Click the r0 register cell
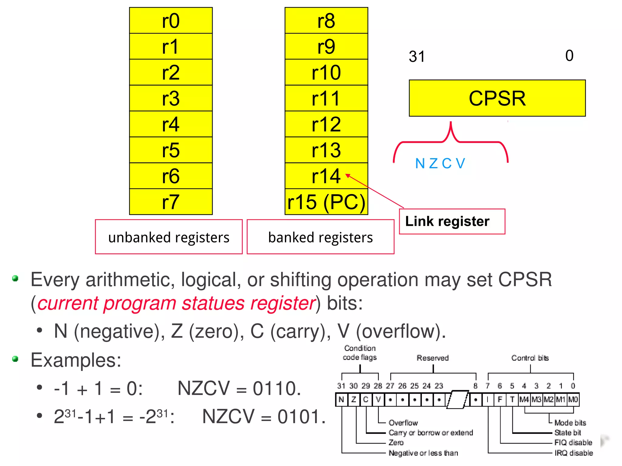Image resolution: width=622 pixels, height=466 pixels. click(x=171, y=21)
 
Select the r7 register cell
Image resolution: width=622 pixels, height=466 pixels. click(x=171, y=202)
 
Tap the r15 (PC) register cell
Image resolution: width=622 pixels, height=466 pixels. click(x=326, y=202)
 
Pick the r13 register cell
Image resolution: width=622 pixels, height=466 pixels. click(x=326, y=150)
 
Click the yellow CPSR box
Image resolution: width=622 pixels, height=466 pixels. click(x=497, y=98)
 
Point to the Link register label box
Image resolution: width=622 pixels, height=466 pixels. click(x=452, y=221)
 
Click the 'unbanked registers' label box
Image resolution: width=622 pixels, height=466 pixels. click(x=169, y=237)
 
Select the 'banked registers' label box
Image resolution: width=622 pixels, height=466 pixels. click(x=320, y=237)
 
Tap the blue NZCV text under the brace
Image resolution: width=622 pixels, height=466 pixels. click(x=440, y=164)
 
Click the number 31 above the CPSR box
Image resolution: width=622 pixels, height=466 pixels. click(x=417, y=56)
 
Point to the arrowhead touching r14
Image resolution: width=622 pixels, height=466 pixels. click(x=348, y=175)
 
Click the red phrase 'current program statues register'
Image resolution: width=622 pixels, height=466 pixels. click(x=176, y=303)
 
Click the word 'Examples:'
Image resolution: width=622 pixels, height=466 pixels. click(x=76, y=360)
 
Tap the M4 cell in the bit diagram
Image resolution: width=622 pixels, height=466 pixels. click(x=524, y=400)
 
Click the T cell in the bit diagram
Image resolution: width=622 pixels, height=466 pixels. click(x=512, y=400)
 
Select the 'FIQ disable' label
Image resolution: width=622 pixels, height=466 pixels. click(x=573, y=443)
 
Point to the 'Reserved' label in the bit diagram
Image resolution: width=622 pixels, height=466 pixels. click(x=432, y=358)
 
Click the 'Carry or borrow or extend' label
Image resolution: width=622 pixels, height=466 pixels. click(x=431, y=433)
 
